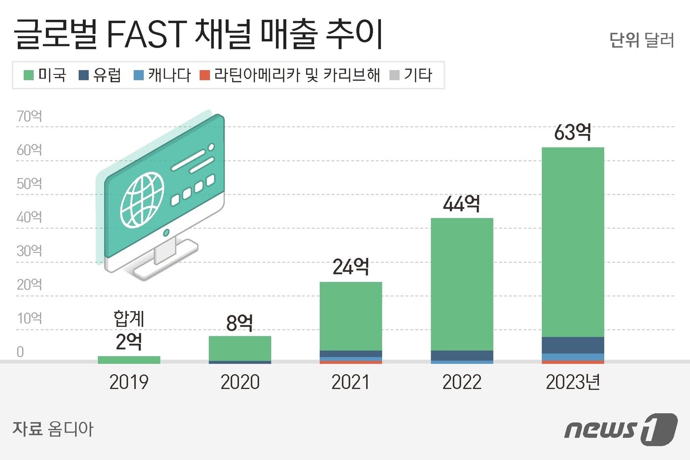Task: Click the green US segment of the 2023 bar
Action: [x=573, y=242]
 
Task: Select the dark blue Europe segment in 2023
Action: [x=573, y=345]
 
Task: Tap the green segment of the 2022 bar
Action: [x=462, y=284]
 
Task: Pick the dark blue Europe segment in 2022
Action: [x=462, y=355]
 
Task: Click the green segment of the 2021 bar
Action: [x=351, y=316]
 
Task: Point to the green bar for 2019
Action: [x=129, y=360]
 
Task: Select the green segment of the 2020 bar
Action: [x=240, y=348]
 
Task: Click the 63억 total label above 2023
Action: [x=572, y=132]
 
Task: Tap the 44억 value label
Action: [x=461, y=203]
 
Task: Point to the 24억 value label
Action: [x=351, y=267]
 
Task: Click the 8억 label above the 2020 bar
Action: [x=240, y=323]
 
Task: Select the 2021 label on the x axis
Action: [x=351, y=382]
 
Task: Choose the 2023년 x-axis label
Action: [x=573, y=382]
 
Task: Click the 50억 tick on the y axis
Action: [x=29, y=183]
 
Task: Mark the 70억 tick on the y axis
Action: [x=29, y=116]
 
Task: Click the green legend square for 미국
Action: [x=29, y=75]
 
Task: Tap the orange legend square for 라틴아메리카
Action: [x=205, y=75]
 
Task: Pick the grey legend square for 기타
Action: [x=394, y=75]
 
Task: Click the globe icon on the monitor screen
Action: [x=142, y=200]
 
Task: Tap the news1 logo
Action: [x=621, y=429]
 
